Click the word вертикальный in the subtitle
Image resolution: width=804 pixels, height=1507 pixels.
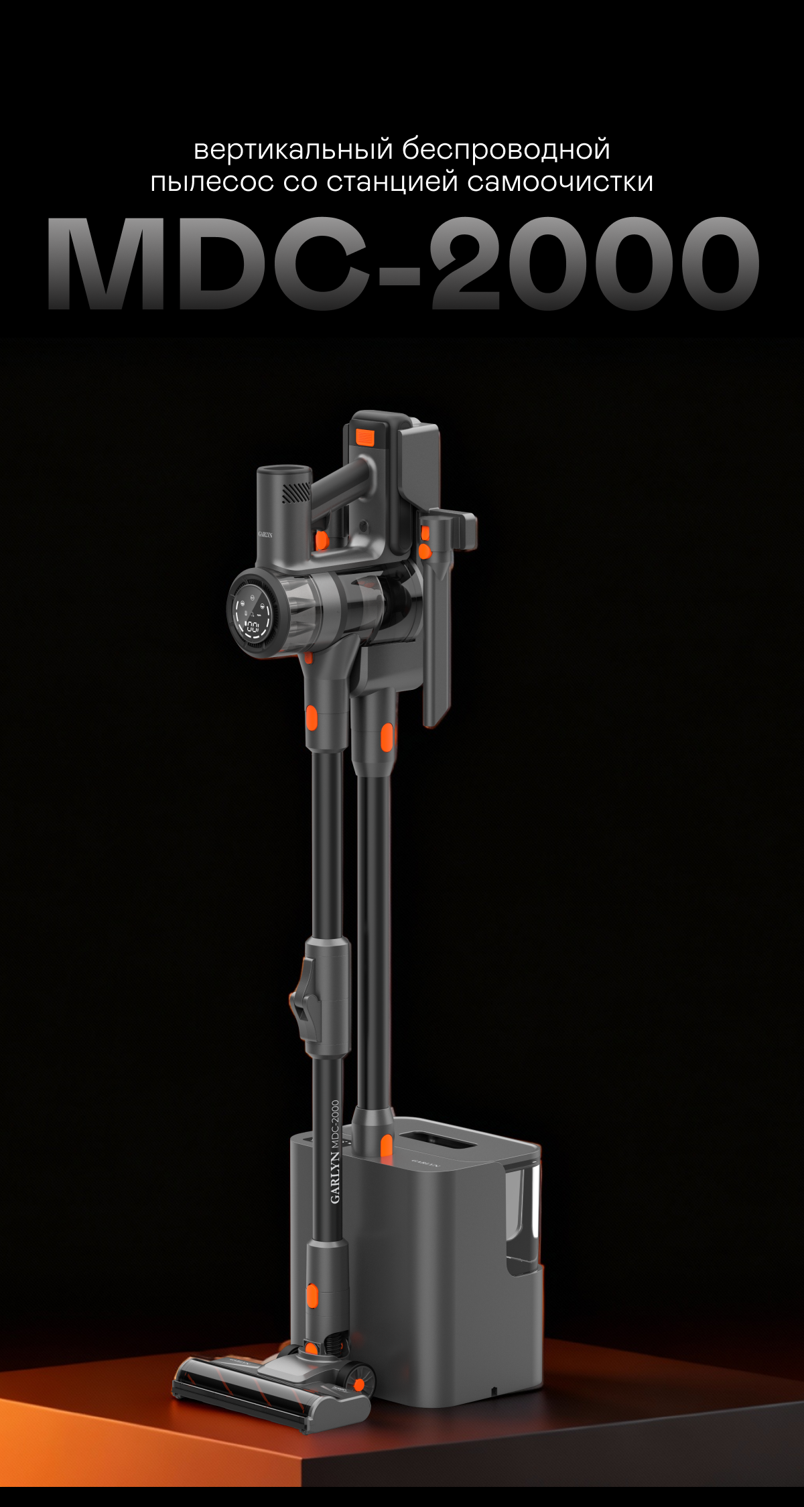click(293, 149)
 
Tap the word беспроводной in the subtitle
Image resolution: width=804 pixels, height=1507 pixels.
click(507, 149)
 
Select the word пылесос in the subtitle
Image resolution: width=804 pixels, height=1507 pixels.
click(212, 183)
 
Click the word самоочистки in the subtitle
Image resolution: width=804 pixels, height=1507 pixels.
click(561, 182)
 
